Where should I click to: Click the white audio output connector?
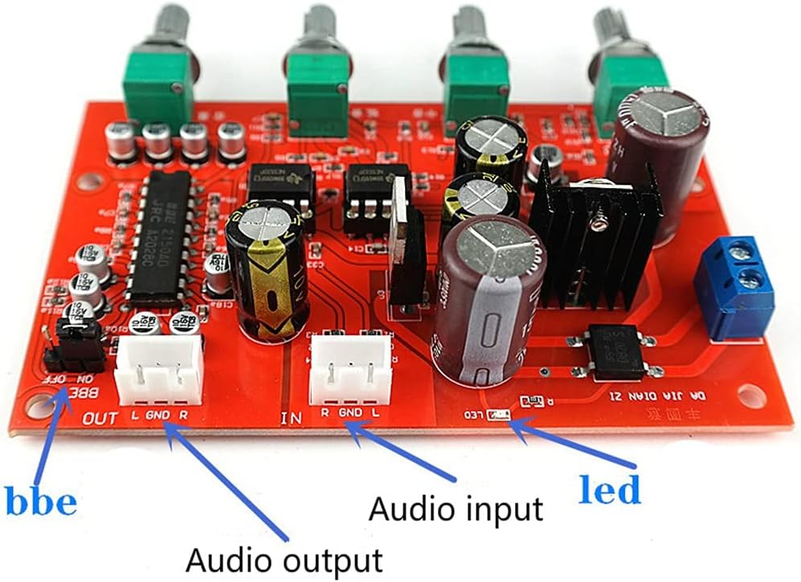click(159, 368)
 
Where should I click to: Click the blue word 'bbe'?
click(41, 502)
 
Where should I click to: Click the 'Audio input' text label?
click(455, 509)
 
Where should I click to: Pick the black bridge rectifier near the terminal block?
click(616, 351)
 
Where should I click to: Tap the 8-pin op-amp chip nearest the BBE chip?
click(280, 193)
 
